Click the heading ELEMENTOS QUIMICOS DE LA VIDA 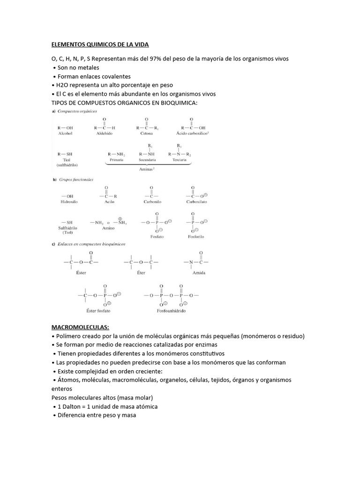[x=99, y=45]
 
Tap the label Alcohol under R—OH [x=65, y=134]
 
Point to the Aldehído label [x=105, y=134]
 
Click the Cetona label [x=147, y=134]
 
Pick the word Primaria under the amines [x=116, y=160]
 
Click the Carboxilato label [x=196, y=202]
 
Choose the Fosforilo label [x=196, y=237]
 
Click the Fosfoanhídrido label [x=172, y=311]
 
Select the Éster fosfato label [x=98, y=311]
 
